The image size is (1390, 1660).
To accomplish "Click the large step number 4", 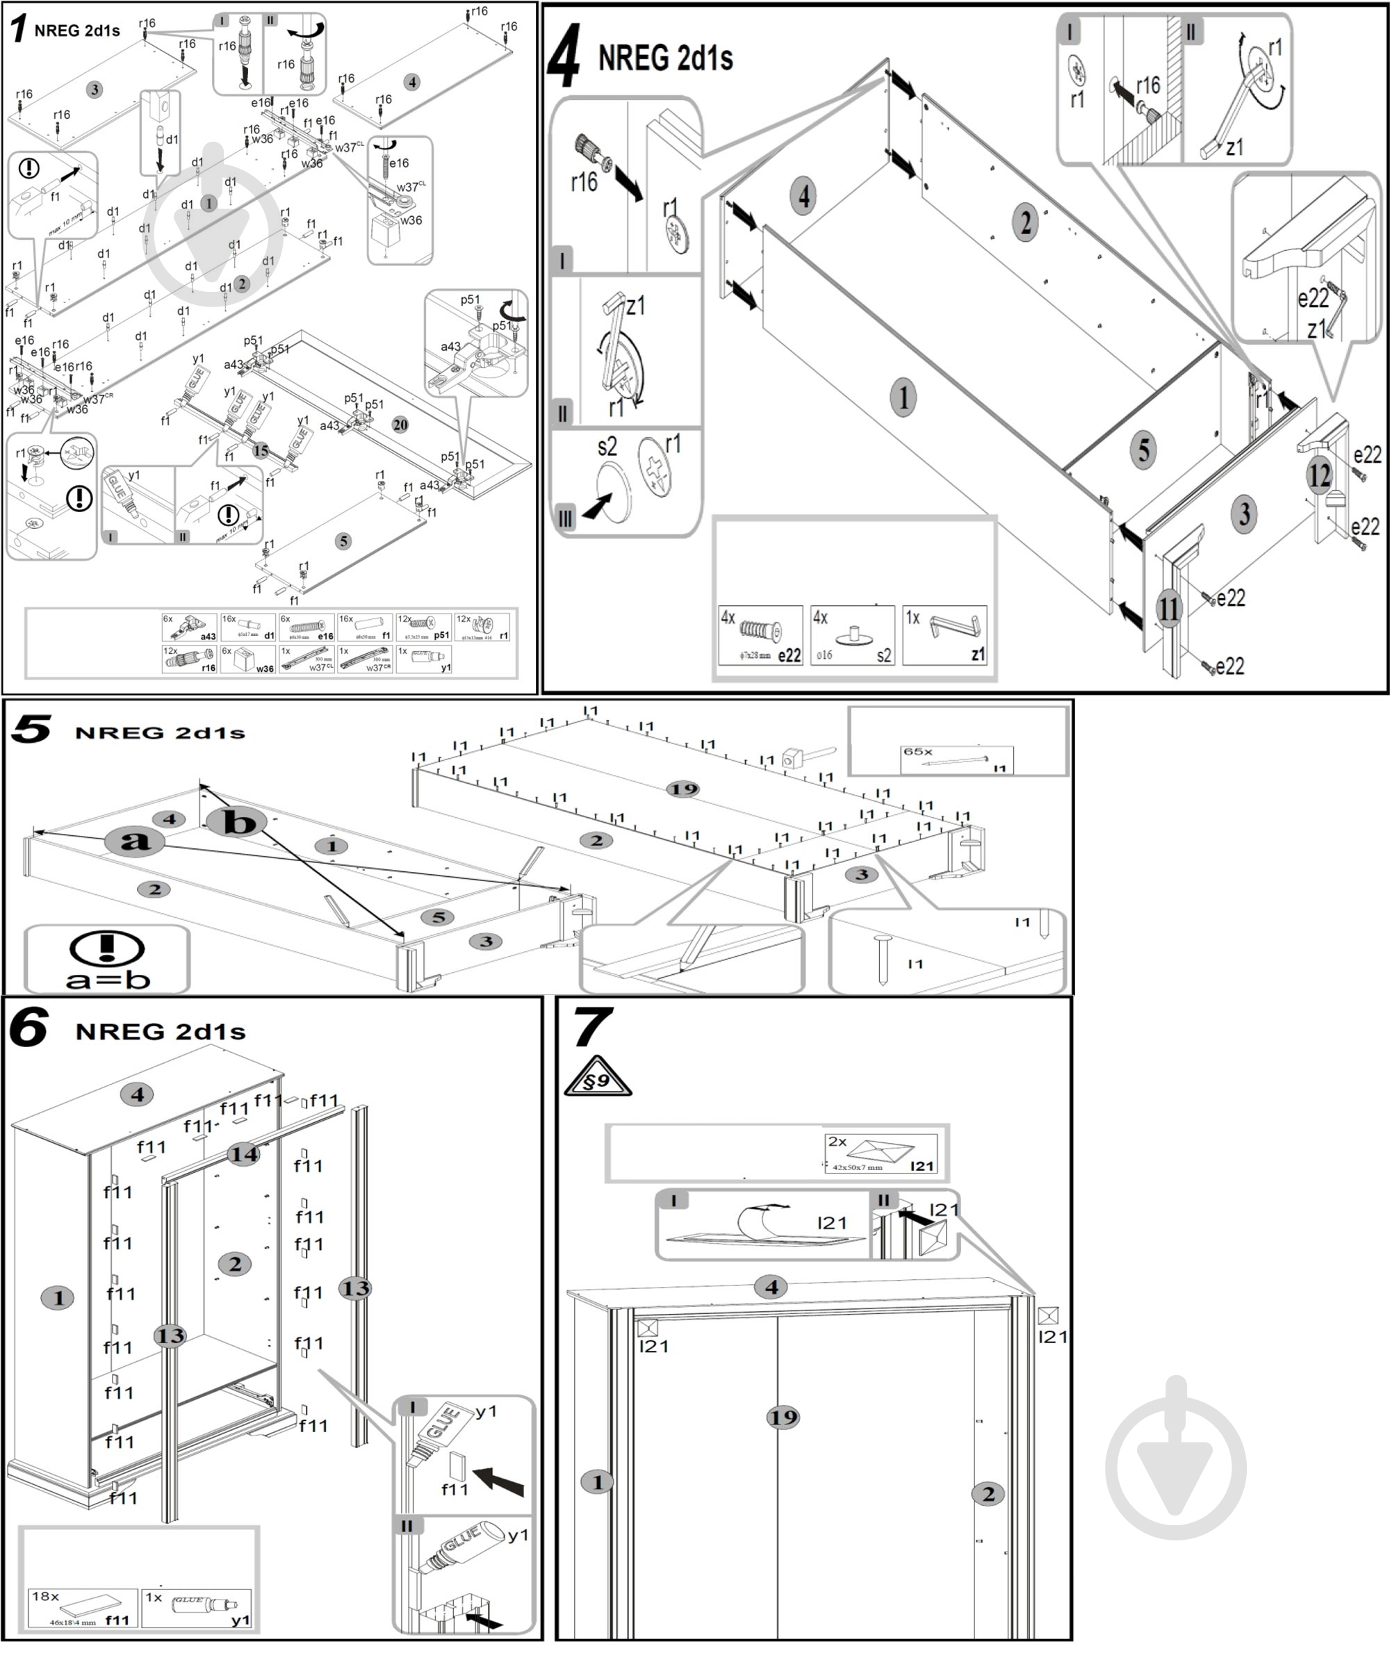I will pyautogui.click(x=564, y=56).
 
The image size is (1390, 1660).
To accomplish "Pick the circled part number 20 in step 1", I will pyautogui.click(x=400, y=425).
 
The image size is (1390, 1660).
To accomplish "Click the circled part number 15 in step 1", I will pyautogui.click(x=261, y=452).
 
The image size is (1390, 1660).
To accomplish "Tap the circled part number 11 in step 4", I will pyautogui.click(x=1168, y=609).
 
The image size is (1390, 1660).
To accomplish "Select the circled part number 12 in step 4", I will pyautogui.click(x=1319, y=475).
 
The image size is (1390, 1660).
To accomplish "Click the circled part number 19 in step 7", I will pyautogui.click(x=783, y=1417).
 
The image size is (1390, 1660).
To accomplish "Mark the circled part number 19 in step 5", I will pyautogui.click(x=683, y=789).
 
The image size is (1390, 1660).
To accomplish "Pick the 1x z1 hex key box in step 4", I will pyautogui.click(x=945, y=636).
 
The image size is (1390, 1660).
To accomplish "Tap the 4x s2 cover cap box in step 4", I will pyautogui.click(x=852, y=636).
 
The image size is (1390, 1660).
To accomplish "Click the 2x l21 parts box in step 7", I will pyautogui.click(x=881, y=1153).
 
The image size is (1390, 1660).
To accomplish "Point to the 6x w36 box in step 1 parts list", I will pyautogui.click(x=248, y=659).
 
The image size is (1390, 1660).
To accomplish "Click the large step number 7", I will pyautogui.click(x=591, y=1028).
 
